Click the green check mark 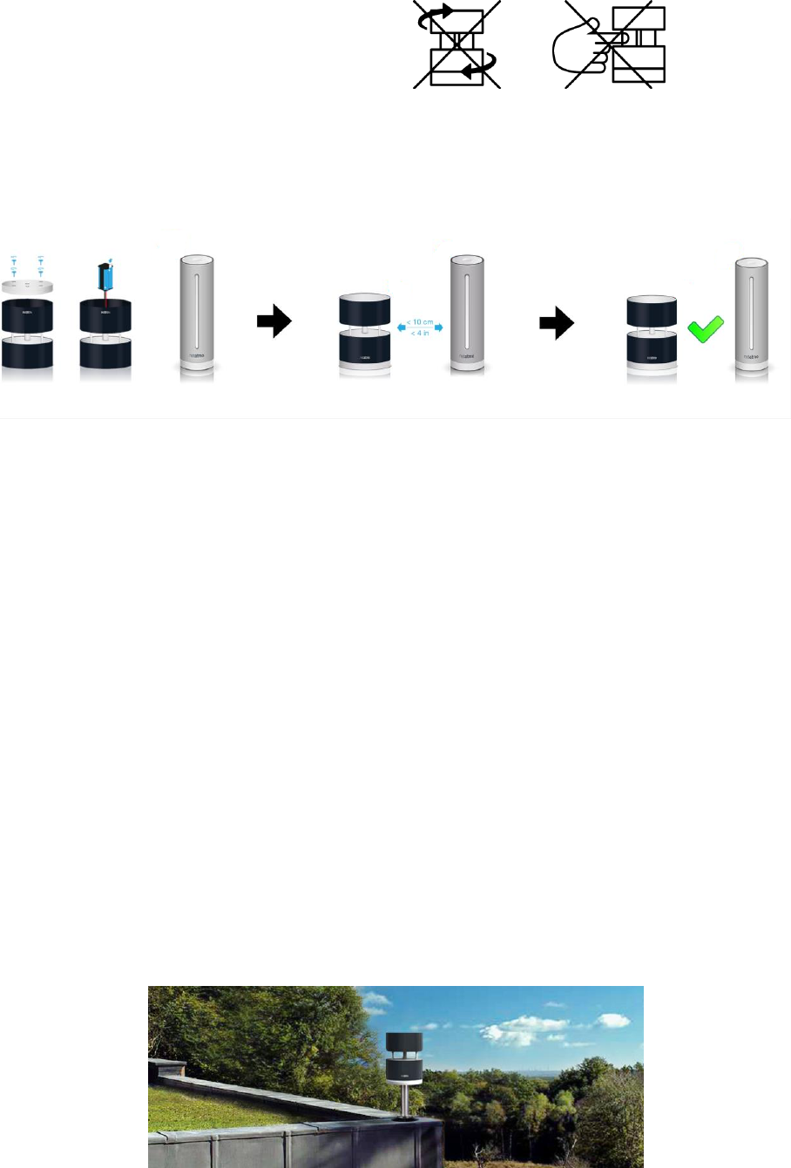coord(706,330)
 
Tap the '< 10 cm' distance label coord(420,322)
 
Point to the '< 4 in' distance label coord(420,334)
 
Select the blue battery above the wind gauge coord(105,275)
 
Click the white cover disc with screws coord(27,285)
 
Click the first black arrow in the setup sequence coord(274,322)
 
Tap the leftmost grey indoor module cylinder coord(196,314)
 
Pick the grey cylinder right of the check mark coord(751,315)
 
